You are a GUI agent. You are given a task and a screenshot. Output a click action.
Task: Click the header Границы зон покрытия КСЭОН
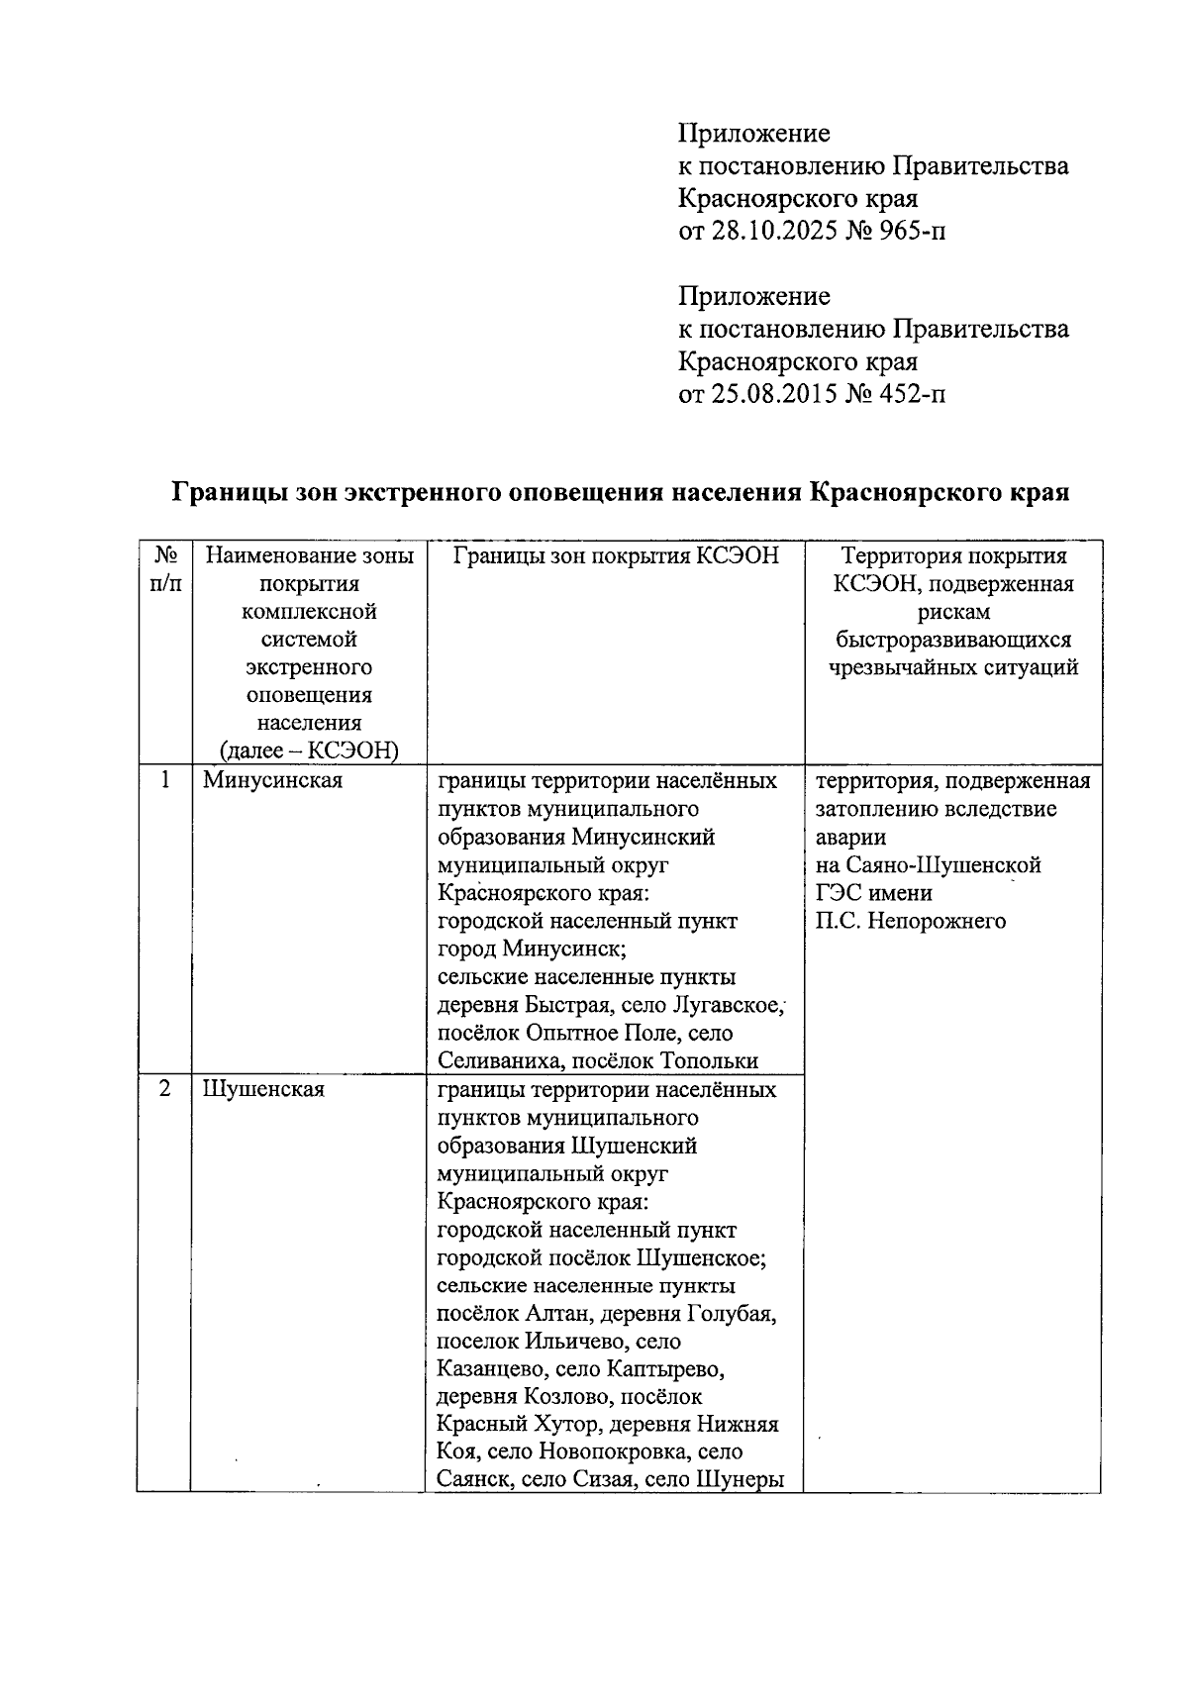click(x=616, y=556)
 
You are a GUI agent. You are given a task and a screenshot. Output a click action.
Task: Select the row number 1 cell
click(x=165, y=780)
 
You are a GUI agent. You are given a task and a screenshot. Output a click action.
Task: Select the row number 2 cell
click(x=165, y=1089)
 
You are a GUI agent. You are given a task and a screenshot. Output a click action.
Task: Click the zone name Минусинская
click(x=272, y=780)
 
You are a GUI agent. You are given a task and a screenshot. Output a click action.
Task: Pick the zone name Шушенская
click(x=263, y=1089)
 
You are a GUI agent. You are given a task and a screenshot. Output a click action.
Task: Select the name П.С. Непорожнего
click(x=911, y=921)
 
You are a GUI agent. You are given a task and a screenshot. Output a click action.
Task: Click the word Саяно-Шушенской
click(x=942, y=864)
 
